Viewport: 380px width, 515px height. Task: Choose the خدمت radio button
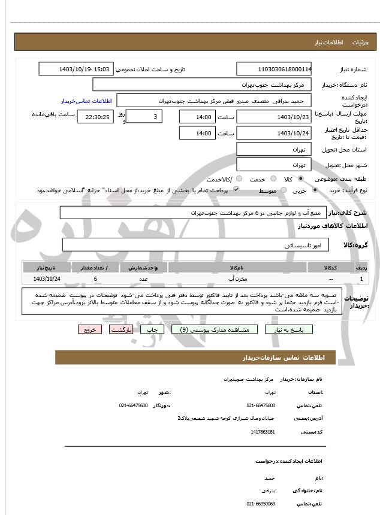(273, 179)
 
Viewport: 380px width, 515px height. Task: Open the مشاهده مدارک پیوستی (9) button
(214, 329)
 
